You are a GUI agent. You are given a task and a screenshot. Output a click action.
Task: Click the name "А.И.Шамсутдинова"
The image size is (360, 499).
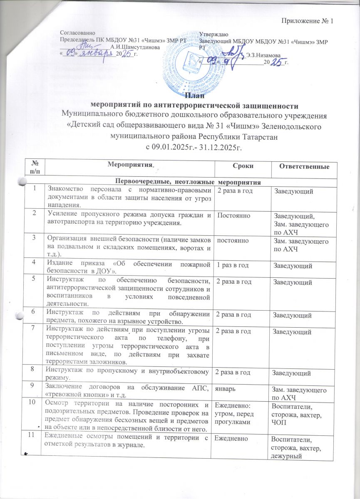[x=132, y=47]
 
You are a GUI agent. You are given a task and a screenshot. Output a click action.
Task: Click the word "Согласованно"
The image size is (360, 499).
[x=78, y=32]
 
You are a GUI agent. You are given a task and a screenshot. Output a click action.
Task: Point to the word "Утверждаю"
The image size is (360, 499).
[x=214, y=34]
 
